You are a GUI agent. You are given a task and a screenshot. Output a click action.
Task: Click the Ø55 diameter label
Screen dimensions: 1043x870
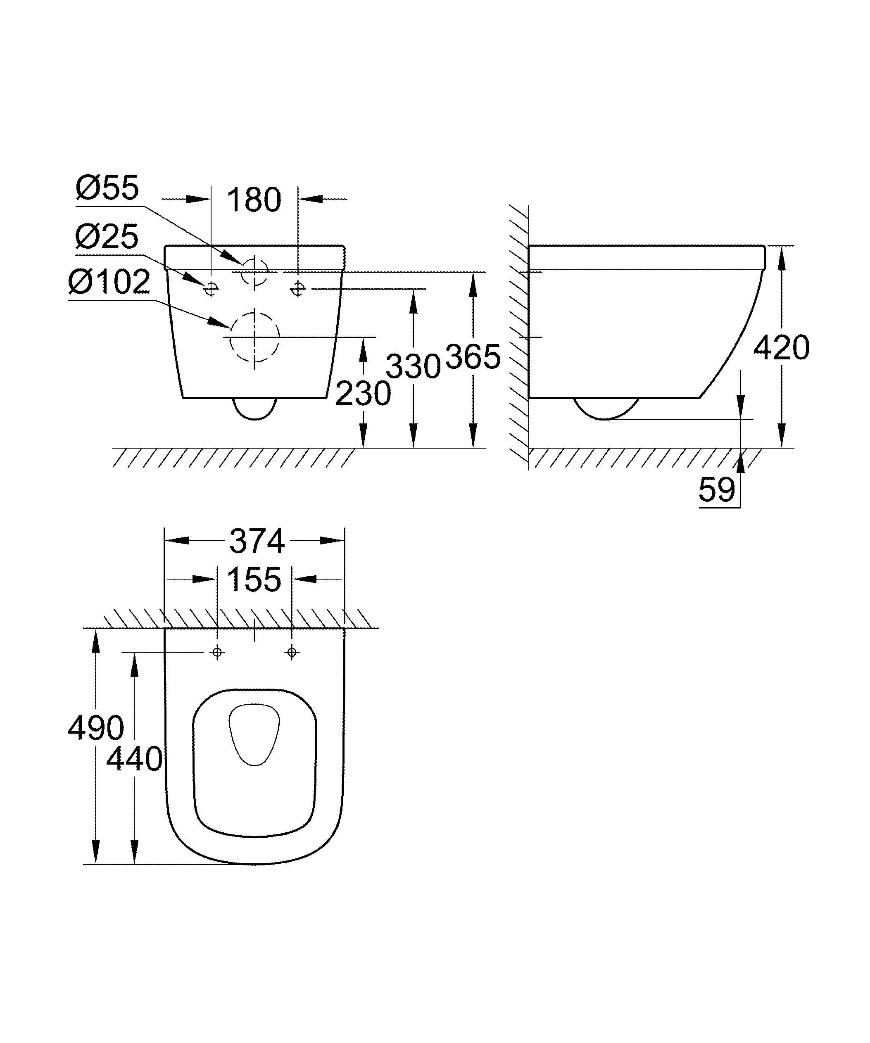point(108,188)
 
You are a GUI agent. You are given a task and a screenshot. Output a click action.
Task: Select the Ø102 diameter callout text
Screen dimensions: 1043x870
point(109,282)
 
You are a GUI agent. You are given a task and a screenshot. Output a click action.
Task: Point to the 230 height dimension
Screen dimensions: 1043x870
point(363,394)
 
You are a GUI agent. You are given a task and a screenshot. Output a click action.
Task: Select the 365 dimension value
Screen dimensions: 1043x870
point(473,356)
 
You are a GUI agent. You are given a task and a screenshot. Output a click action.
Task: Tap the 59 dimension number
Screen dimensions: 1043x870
point(717,490)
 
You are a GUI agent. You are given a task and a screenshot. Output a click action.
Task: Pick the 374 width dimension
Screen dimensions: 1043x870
point(257,541)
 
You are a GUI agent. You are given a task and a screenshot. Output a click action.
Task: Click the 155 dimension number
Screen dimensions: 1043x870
point(254,579)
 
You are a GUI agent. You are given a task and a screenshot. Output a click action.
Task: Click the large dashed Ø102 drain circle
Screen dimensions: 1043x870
point(254,337)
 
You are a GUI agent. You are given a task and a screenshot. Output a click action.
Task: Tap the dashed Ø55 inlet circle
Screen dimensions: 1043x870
point(254,272)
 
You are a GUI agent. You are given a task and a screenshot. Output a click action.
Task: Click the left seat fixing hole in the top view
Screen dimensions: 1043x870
point(217,652)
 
